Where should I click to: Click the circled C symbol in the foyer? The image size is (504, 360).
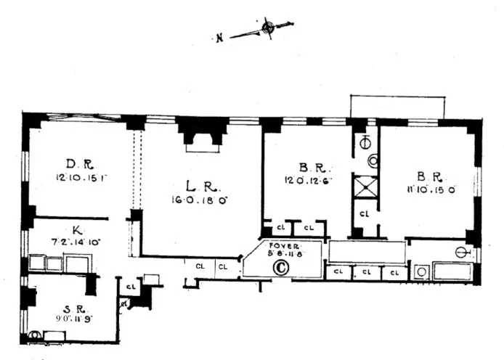280,269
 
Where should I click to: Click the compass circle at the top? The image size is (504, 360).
268,28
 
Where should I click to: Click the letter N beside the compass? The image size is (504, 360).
219,38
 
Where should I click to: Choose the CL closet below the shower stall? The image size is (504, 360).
365,213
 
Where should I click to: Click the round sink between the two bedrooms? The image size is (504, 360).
373,163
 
